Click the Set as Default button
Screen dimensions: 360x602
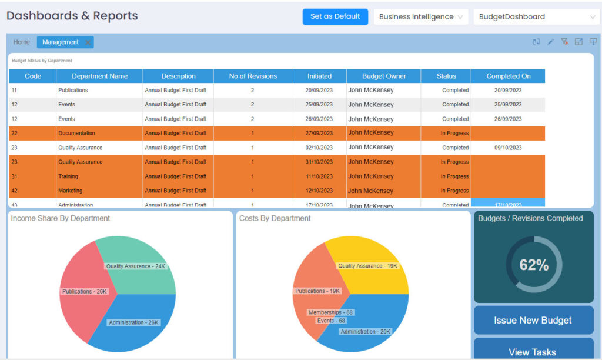tap(335, 16)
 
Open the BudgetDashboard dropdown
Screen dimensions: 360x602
tap(536, 17)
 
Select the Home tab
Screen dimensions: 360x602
tap(22, 42)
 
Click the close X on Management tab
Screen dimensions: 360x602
tap(88, 42)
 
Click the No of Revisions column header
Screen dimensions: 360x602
tap(252, 76)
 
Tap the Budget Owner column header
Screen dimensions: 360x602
tap(383, 76)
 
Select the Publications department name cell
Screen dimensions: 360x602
tap(73, 91)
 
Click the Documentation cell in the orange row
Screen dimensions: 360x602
tap(76, 134)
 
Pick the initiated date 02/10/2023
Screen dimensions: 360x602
tap(319, 148)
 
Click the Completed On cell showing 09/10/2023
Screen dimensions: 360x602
tap(507, 148)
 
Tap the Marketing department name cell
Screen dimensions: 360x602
tap(70, 191)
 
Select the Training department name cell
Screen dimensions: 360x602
tap(68, 176)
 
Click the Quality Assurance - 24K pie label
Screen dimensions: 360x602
tap(136, 266)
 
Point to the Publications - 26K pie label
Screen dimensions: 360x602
tap(85, 291)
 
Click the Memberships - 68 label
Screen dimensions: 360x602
tap(330, 312)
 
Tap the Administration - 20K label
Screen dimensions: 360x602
tap(365, 332)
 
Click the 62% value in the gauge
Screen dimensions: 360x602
tap(533, 265)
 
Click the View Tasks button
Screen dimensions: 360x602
tap(532, 352)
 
